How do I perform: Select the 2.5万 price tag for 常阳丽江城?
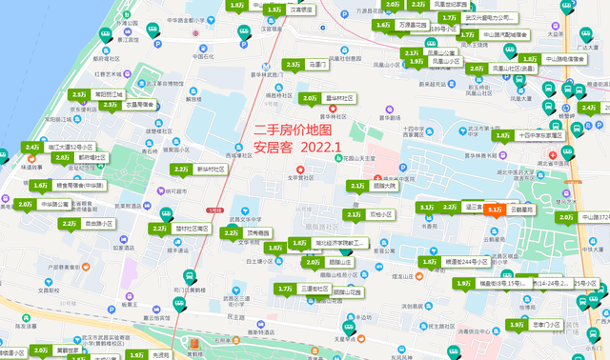pos(79,94)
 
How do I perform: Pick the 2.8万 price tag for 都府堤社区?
pos(63,157)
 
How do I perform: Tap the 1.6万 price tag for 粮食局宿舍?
pos(40,186)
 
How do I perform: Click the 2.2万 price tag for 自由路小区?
pos(69,224)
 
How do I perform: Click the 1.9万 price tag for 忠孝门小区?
pos(517,325)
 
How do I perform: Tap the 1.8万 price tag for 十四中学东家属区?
pos(503,135)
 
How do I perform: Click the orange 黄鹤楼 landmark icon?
pos(193,343)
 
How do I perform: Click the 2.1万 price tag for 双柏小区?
pos(355,214)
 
